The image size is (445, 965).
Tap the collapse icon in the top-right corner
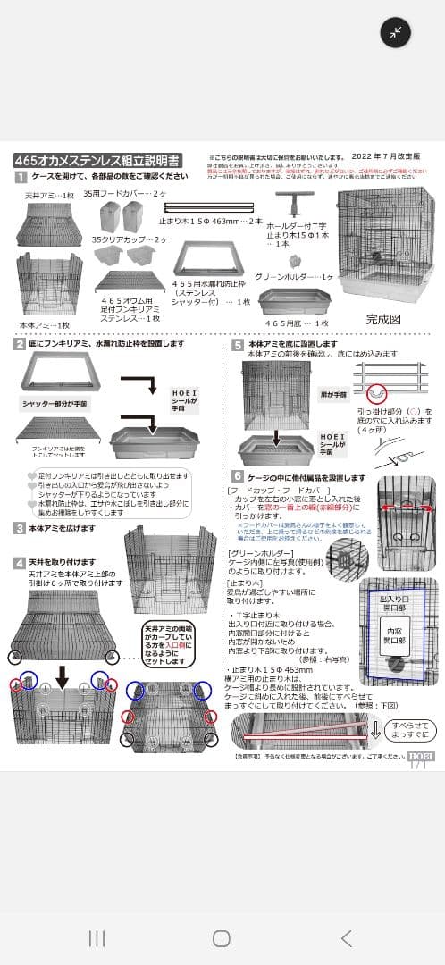395,33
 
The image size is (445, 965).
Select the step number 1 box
20,177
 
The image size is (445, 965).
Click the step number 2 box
20,344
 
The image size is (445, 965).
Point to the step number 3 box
20,528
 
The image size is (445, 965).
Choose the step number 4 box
20,562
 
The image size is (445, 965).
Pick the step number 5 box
238,344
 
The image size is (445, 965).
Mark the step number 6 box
238,477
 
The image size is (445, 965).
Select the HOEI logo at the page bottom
421,755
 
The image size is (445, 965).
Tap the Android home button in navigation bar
222,937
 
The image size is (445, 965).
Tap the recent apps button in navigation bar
97,937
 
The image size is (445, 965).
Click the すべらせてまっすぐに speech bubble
409,729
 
